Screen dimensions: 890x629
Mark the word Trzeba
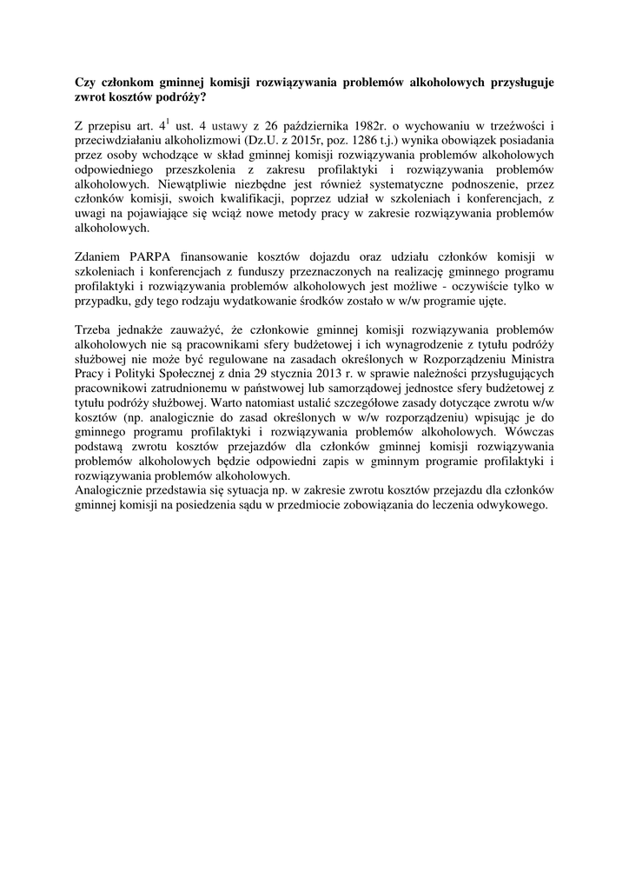[97, 332]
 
